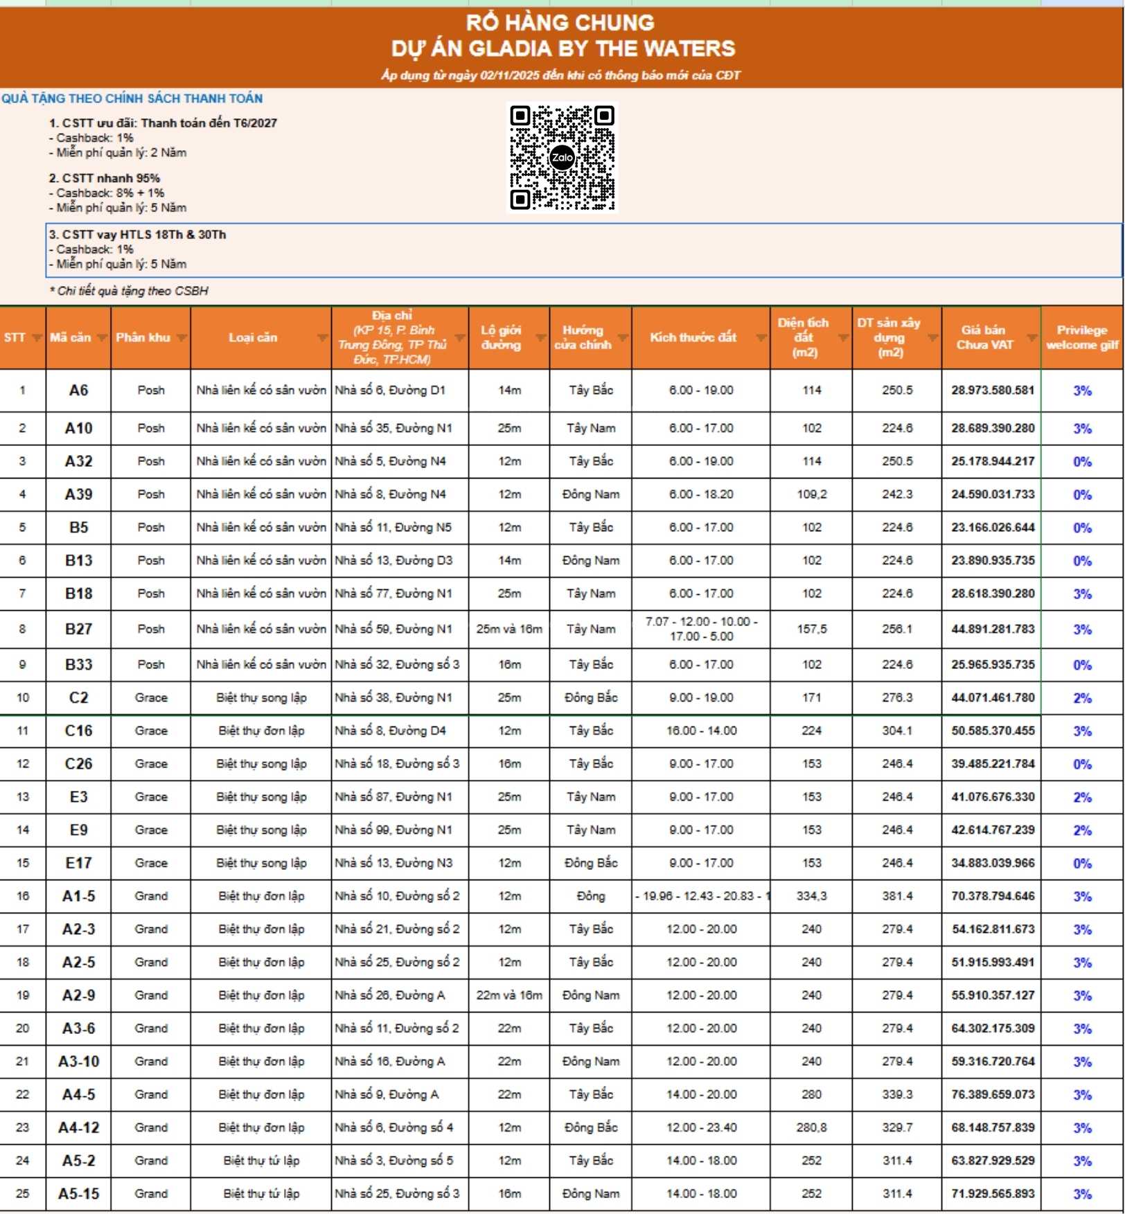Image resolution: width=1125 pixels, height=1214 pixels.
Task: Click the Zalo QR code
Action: [562, 157]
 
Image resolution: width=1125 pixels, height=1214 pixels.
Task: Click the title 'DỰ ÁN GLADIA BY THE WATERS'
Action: [562, 48]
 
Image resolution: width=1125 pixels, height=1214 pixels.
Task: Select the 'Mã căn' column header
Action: [71, 337]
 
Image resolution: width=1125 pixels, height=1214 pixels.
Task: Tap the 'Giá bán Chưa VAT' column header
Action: [984, 337]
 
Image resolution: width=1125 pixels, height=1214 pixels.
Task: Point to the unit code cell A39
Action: [78, 494]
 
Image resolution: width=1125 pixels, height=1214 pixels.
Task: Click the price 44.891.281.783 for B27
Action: [992, 629]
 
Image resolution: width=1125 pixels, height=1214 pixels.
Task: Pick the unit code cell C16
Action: [78, 731]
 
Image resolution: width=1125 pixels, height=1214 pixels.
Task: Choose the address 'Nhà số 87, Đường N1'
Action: [393, 797]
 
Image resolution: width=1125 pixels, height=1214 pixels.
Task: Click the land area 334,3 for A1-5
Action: [811, 896]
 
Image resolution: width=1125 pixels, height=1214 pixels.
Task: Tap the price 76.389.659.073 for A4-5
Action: [992, 1095]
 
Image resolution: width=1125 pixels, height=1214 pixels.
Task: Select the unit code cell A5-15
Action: [78, 1194]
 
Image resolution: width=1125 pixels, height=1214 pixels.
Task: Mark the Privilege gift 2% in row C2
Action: [1082, 698]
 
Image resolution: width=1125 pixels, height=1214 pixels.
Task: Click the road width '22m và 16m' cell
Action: [509, 995]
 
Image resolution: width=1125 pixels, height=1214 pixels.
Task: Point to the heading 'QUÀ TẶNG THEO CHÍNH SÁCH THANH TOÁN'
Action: [132, 98]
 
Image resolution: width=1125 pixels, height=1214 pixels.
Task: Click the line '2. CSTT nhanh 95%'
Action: [105, 178]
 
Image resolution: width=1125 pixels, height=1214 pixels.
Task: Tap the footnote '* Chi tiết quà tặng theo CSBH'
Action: [129, 291]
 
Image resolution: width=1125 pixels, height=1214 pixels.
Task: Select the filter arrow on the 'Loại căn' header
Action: [322, 338]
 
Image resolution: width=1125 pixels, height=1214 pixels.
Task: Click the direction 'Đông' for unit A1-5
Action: [590, 896]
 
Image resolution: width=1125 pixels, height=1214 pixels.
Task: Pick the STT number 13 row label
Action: [23, 797]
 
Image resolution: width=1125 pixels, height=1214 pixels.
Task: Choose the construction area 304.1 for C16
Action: [896, 731]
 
